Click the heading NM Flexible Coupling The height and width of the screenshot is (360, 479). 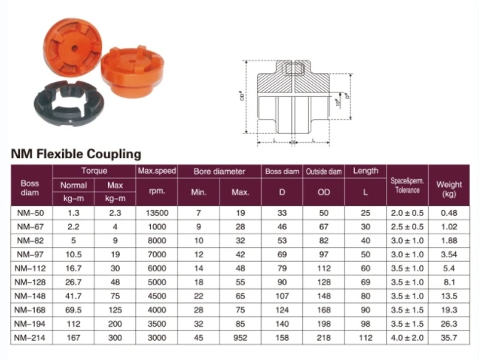tap(75, 154)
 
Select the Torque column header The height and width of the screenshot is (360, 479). tap(93, 171)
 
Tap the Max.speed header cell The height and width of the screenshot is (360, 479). tap(156, 171)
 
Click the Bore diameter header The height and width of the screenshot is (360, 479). tap(219, 171)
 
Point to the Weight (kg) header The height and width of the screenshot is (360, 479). tap(449, 189)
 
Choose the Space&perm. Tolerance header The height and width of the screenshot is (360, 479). tap(407, 185)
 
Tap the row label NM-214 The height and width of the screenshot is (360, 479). tap(30, 339)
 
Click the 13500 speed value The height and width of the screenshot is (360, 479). tap(156, 213)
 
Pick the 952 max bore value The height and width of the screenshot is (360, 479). tap(239, 339)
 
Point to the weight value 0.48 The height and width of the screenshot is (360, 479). tap(449, 213)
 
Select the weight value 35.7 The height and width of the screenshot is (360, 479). tap(449, 339)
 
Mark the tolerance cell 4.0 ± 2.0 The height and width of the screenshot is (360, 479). tap(407, 339)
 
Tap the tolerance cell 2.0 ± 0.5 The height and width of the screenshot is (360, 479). tap(407, 213)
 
